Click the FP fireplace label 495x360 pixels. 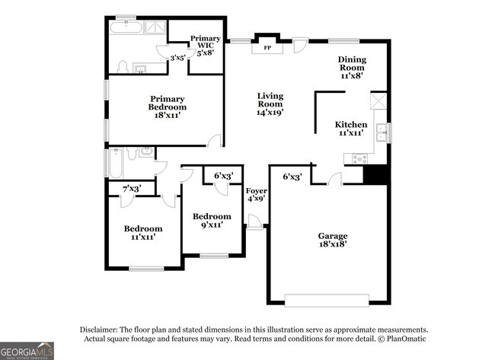(x=267, y=48)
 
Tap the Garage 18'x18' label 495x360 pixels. (x=333, y=240)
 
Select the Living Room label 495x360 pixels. (x=270, y=104)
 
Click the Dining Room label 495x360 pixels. (x=352, y=68)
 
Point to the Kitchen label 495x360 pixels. (x=351, y=129)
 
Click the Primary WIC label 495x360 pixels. (x=205, y=46)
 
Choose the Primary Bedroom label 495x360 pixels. (x=168, y=107)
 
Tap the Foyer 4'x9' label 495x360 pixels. (x=257, y=195)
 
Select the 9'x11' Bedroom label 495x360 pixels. (x=212, y=221)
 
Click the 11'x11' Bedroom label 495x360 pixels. (x=143, y=233)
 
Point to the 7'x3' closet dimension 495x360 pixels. (x=132, y=189)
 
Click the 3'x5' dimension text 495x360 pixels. (x=178, y=58)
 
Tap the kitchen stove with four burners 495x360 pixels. (x=359, y=159)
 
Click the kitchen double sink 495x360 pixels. (x=382, y=132)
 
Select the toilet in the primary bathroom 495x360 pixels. (x=122, y=66)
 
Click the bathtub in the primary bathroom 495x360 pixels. (x=126, y=27)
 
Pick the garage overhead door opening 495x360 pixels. (x=327, y=301)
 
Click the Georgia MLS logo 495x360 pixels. (x=27, y=351)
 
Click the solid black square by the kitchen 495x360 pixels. (x=375, y=174)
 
